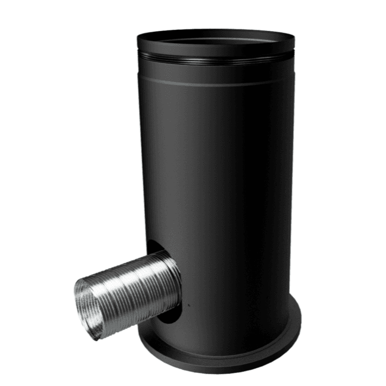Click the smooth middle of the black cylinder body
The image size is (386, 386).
[227, 180]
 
